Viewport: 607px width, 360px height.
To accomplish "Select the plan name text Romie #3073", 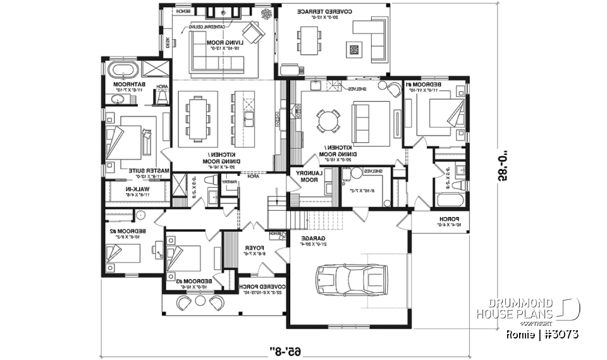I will [543, 333].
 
